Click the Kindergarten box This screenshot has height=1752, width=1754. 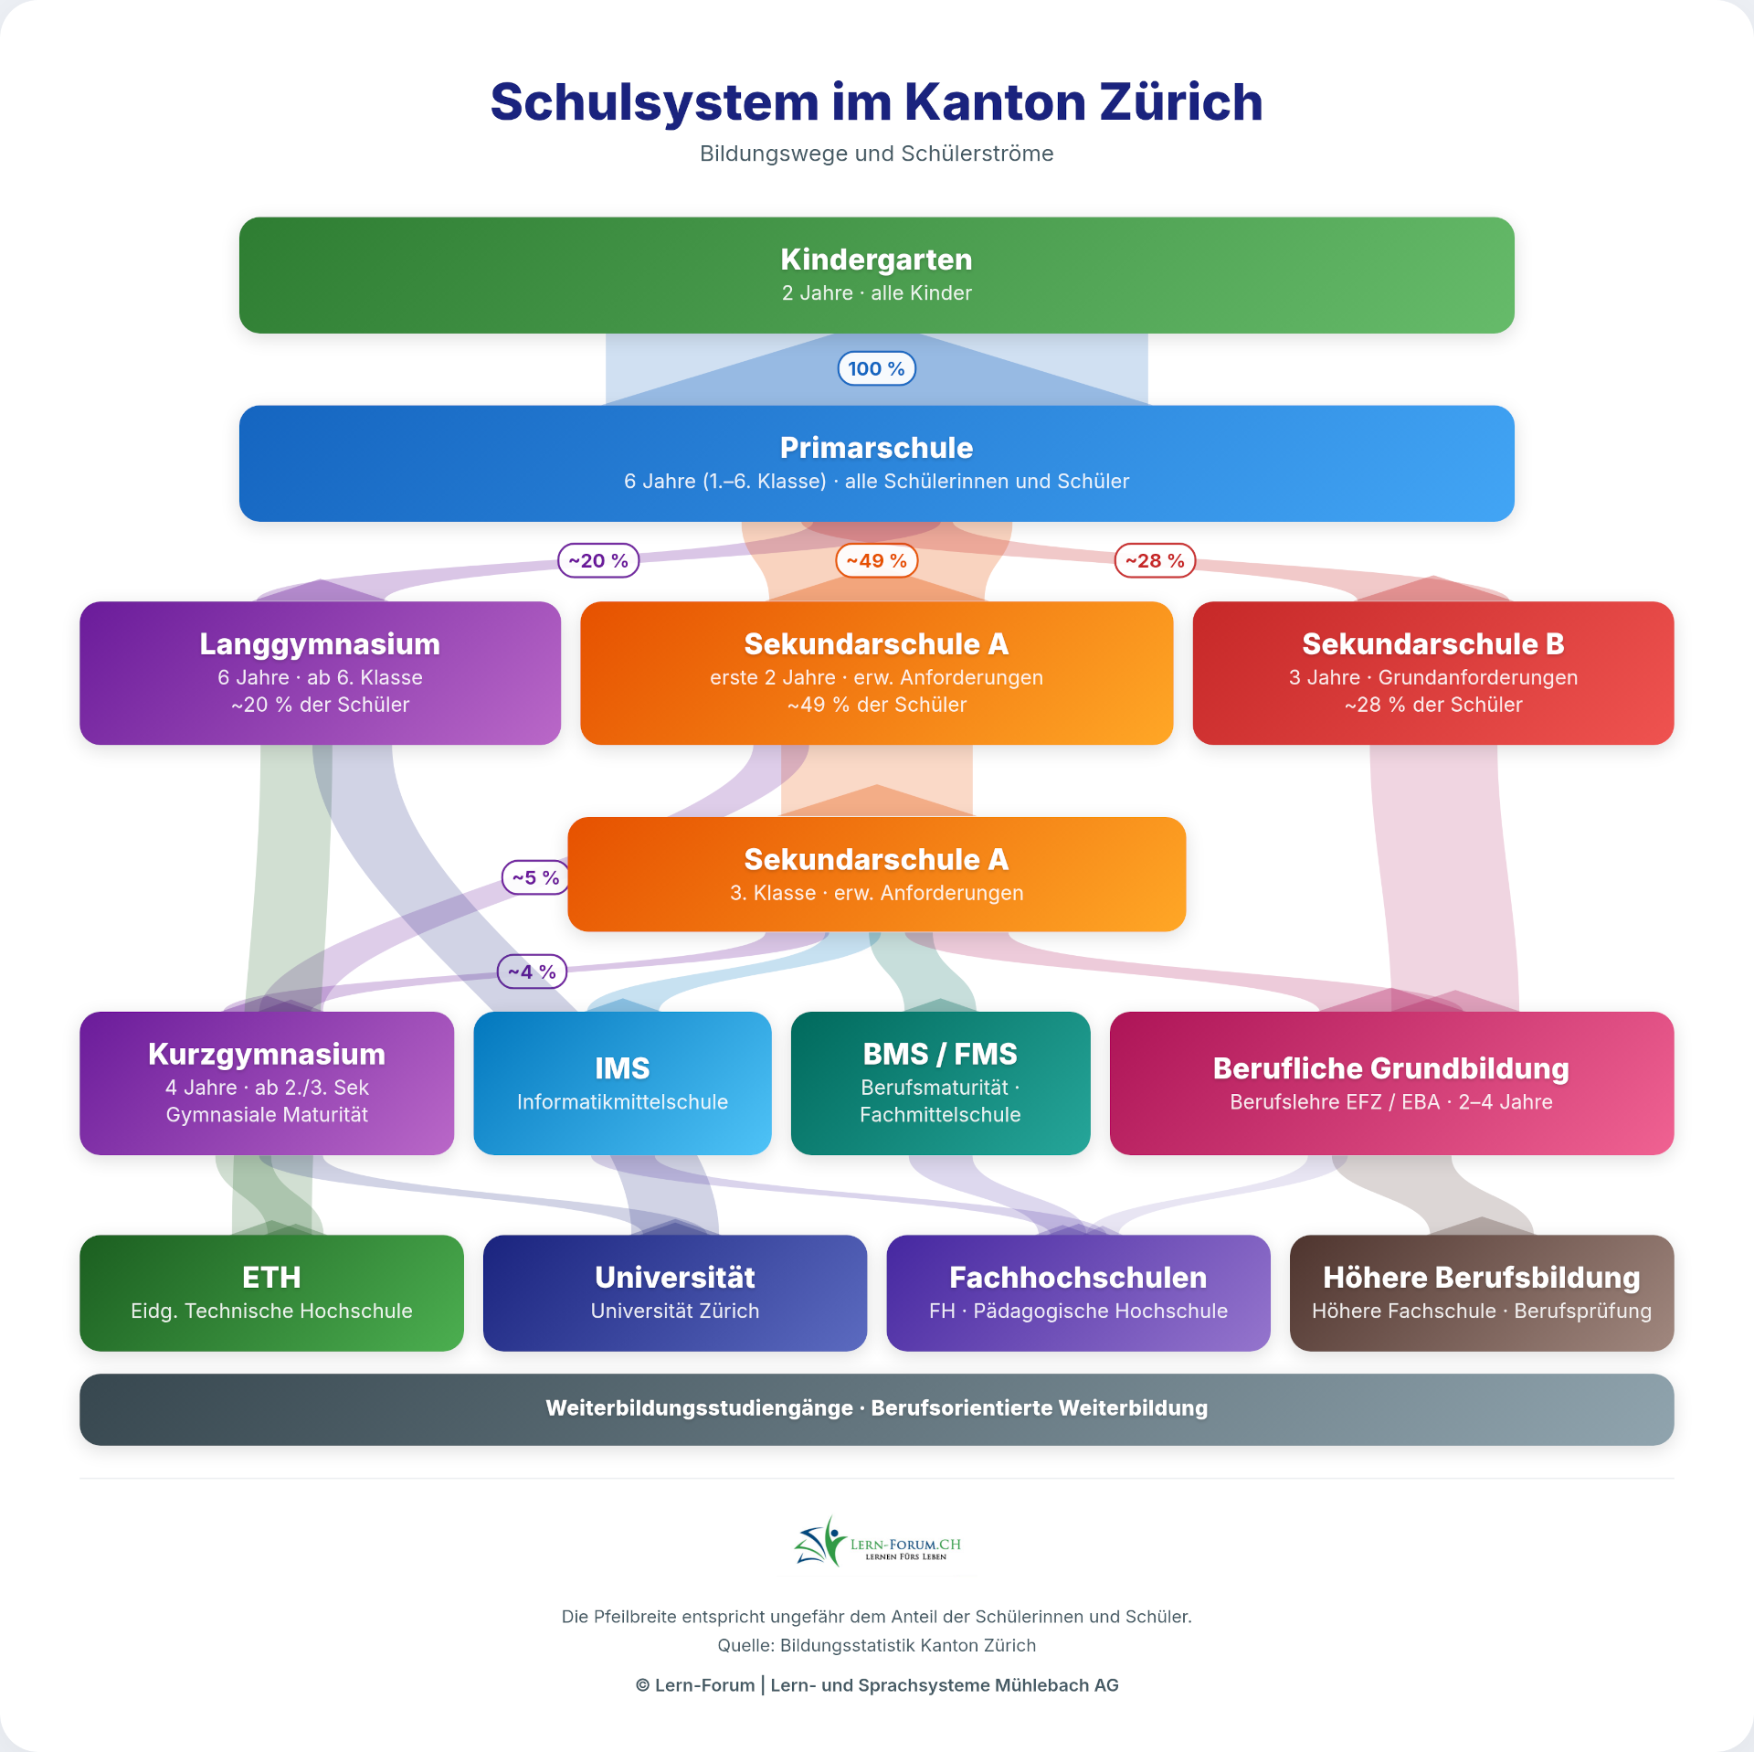click(876, 275)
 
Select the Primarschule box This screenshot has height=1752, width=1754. click(876, 463)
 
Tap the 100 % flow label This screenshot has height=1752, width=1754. click(876, 368)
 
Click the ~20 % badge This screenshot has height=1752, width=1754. click(598, 560)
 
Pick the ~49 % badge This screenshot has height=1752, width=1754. click(876, 560)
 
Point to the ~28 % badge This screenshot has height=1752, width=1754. click(1155, 560)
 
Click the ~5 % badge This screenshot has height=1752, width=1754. click(535, 877)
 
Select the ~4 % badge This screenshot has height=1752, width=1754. click(532, 972)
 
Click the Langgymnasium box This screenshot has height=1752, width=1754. click(320, 673)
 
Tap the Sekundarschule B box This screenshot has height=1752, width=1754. click(1432, 673)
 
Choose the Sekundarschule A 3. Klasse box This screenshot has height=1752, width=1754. click(876, 874)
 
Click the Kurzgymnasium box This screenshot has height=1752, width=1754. click(267, 1083)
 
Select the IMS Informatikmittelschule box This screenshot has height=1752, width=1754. click(622, 1083)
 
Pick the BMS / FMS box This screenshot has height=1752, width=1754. click(940, 1083)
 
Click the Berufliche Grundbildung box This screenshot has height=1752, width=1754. click(1391, 1083)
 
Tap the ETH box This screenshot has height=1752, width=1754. click(271, 1292)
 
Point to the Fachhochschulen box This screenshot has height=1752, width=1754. click(1078, 1292)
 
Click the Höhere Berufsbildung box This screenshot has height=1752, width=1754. click(1481, 1292)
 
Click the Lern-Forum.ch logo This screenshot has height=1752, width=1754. click(876, 1544)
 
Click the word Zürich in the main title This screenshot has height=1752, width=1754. click(1180, 101)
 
